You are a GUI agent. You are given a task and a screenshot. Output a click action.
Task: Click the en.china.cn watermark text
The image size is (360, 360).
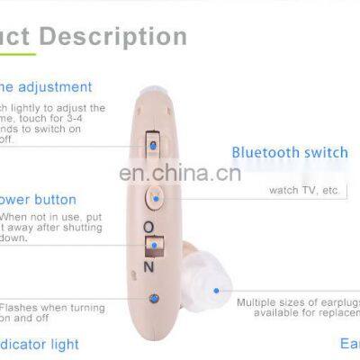(x=179, y=172)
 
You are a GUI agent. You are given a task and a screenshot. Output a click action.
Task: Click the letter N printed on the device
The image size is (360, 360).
(x=149, y=267)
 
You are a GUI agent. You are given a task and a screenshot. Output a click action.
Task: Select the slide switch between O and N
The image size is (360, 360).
(x=153, y=245)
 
